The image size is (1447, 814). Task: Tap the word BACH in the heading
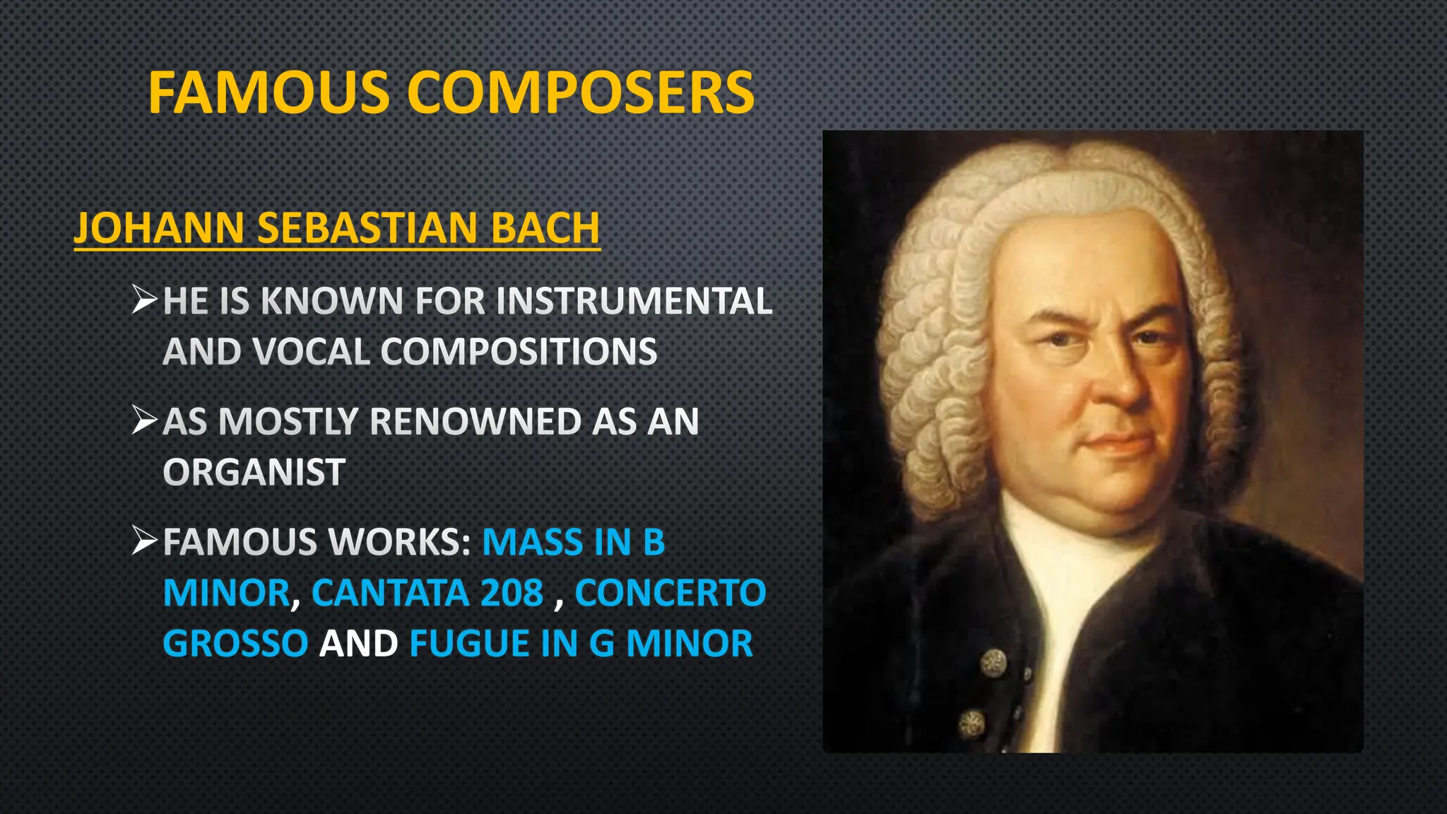(545, 228)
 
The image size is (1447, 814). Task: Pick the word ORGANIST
(254, 472)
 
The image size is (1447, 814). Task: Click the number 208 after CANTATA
(512, 593)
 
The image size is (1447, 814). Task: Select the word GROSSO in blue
(235, 644)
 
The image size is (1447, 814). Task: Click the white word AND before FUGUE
(358, 644)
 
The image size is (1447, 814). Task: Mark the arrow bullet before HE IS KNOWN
(144, 300)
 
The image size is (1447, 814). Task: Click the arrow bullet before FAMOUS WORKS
(144, 541)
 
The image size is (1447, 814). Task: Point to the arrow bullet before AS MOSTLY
(144, 420)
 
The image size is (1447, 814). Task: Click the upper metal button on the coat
(993, 662)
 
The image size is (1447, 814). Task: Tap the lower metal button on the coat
(972, 723)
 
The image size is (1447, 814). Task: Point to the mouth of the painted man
(1116, 444)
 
